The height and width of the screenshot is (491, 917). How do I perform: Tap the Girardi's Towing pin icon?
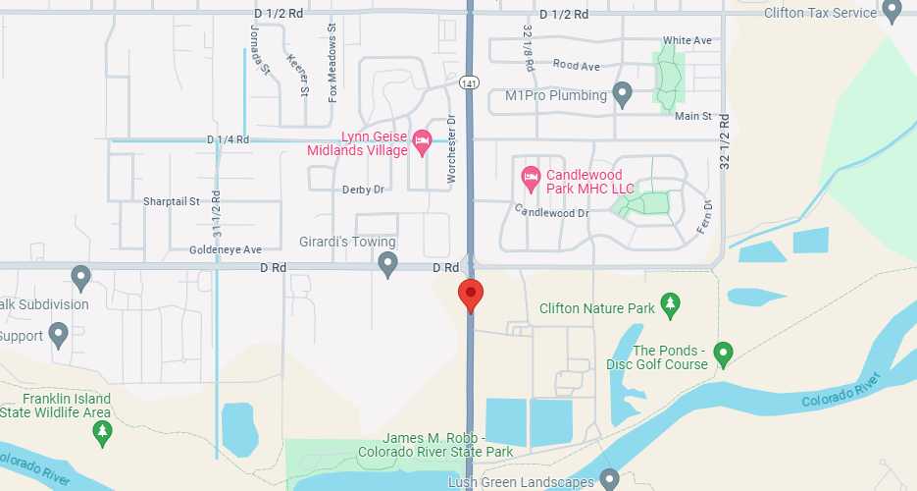[x=388, y=263]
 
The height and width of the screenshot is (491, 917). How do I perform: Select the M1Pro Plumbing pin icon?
[x=621, y=94]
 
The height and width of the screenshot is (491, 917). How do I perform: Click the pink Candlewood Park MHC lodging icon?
[x=531, y=177]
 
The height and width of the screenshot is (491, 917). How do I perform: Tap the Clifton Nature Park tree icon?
[x=671, y=305]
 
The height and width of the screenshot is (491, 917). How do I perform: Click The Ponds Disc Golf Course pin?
[x=724, y=352]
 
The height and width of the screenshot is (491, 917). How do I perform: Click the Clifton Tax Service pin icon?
[x=892, y=11]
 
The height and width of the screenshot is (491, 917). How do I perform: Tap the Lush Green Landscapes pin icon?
[x=609, y=479]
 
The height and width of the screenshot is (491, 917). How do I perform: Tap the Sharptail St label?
[x=172, y=201]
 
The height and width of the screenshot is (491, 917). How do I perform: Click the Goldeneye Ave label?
[x=226, y=250]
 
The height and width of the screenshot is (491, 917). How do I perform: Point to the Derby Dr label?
[x=362, y=190]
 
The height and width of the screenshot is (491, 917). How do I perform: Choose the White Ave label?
[x=687, y=40]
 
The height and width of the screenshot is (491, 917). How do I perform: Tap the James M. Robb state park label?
[x=434, y=445]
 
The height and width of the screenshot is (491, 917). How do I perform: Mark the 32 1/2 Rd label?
[x=725, y=142]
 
